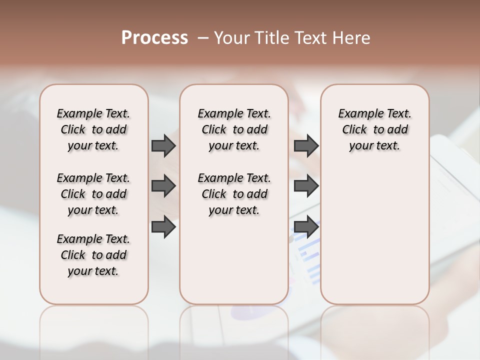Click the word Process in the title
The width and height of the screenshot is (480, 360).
154,37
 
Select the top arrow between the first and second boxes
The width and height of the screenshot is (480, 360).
163,145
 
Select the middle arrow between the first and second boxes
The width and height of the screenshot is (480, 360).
163,186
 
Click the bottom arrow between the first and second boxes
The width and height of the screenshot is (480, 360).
163,227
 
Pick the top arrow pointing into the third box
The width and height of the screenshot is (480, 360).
306,145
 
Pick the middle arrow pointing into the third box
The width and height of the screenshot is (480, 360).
306,186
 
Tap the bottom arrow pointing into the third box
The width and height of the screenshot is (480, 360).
306,227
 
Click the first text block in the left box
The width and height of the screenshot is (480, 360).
93,129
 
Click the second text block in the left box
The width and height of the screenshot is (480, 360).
93,194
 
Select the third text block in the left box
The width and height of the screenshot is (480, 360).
93,255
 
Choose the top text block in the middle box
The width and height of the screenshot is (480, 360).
234,129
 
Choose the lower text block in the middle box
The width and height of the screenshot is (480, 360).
234,194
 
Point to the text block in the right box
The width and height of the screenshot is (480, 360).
374,129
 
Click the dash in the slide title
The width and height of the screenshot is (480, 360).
203,38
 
